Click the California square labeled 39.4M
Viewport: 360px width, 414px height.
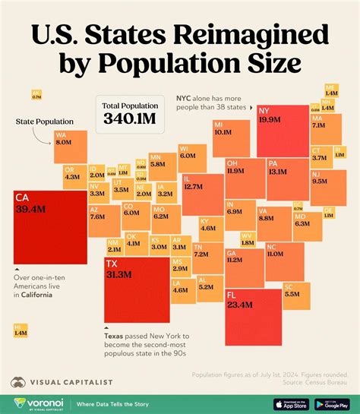(x=50, y=226)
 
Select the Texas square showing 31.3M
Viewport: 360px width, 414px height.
(x=136, y=291)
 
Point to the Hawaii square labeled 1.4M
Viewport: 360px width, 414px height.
(x=21, y=330)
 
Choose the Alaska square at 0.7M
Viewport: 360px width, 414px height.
(x=36, y=95)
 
